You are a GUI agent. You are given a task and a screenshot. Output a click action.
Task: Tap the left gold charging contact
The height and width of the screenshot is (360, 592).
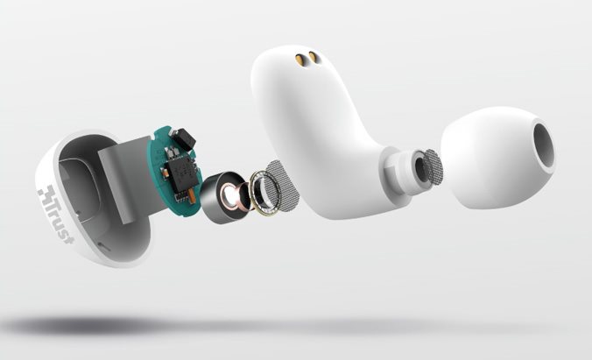click(300, 59)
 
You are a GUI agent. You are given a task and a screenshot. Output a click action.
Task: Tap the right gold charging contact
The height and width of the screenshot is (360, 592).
click(314, 57)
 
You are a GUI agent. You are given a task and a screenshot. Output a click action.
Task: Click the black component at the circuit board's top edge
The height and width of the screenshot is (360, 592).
click(185, 138)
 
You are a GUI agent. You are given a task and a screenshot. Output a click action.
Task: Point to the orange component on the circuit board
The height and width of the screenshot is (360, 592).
click(192, 194)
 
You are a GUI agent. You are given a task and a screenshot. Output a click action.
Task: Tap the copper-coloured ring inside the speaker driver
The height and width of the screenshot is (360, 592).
click(232, 196)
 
